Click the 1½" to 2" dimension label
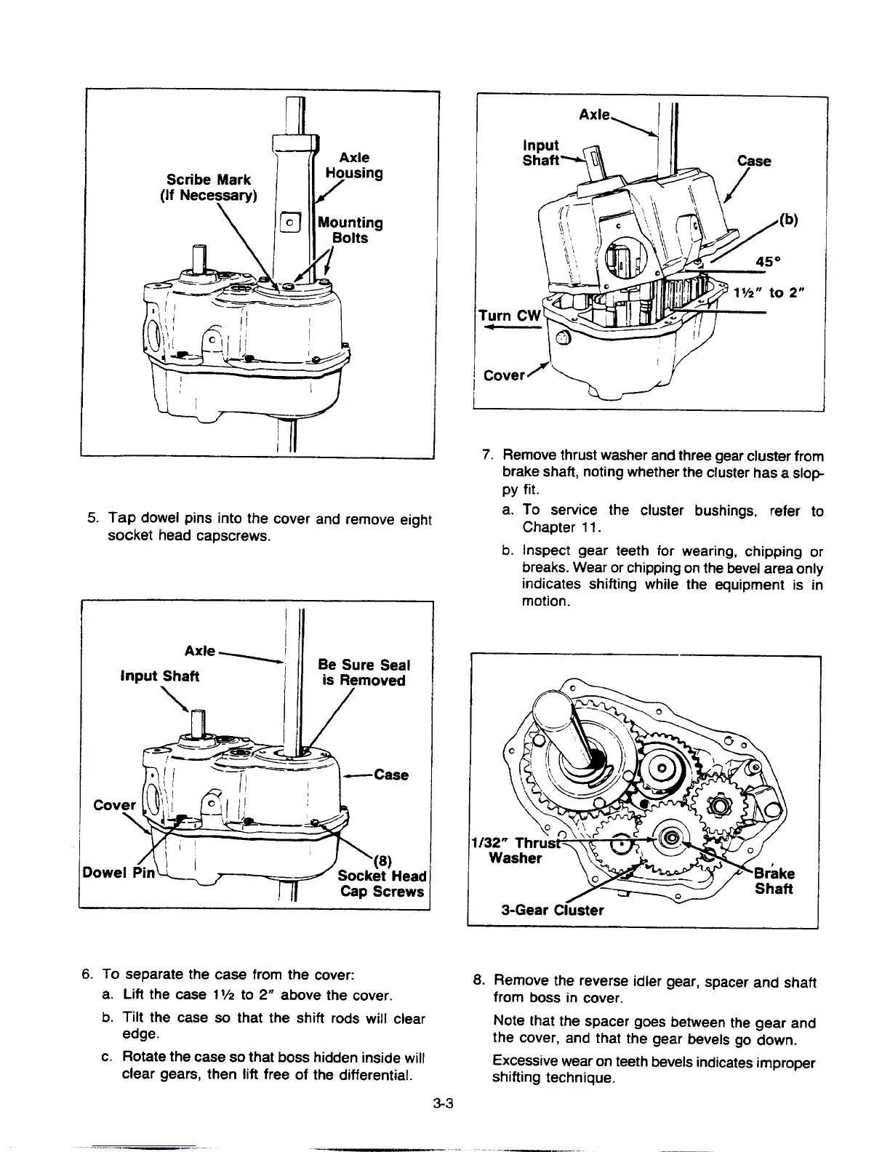(778, 292)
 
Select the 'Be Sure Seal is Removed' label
(364, 673)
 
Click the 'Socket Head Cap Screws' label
(382, 883)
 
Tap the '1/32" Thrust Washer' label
(516, 850)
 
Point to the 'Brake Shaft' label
(774, 881)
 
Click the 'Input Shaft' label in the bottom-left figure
(160, 676)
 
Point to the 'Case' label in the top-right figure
(754, 161)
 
